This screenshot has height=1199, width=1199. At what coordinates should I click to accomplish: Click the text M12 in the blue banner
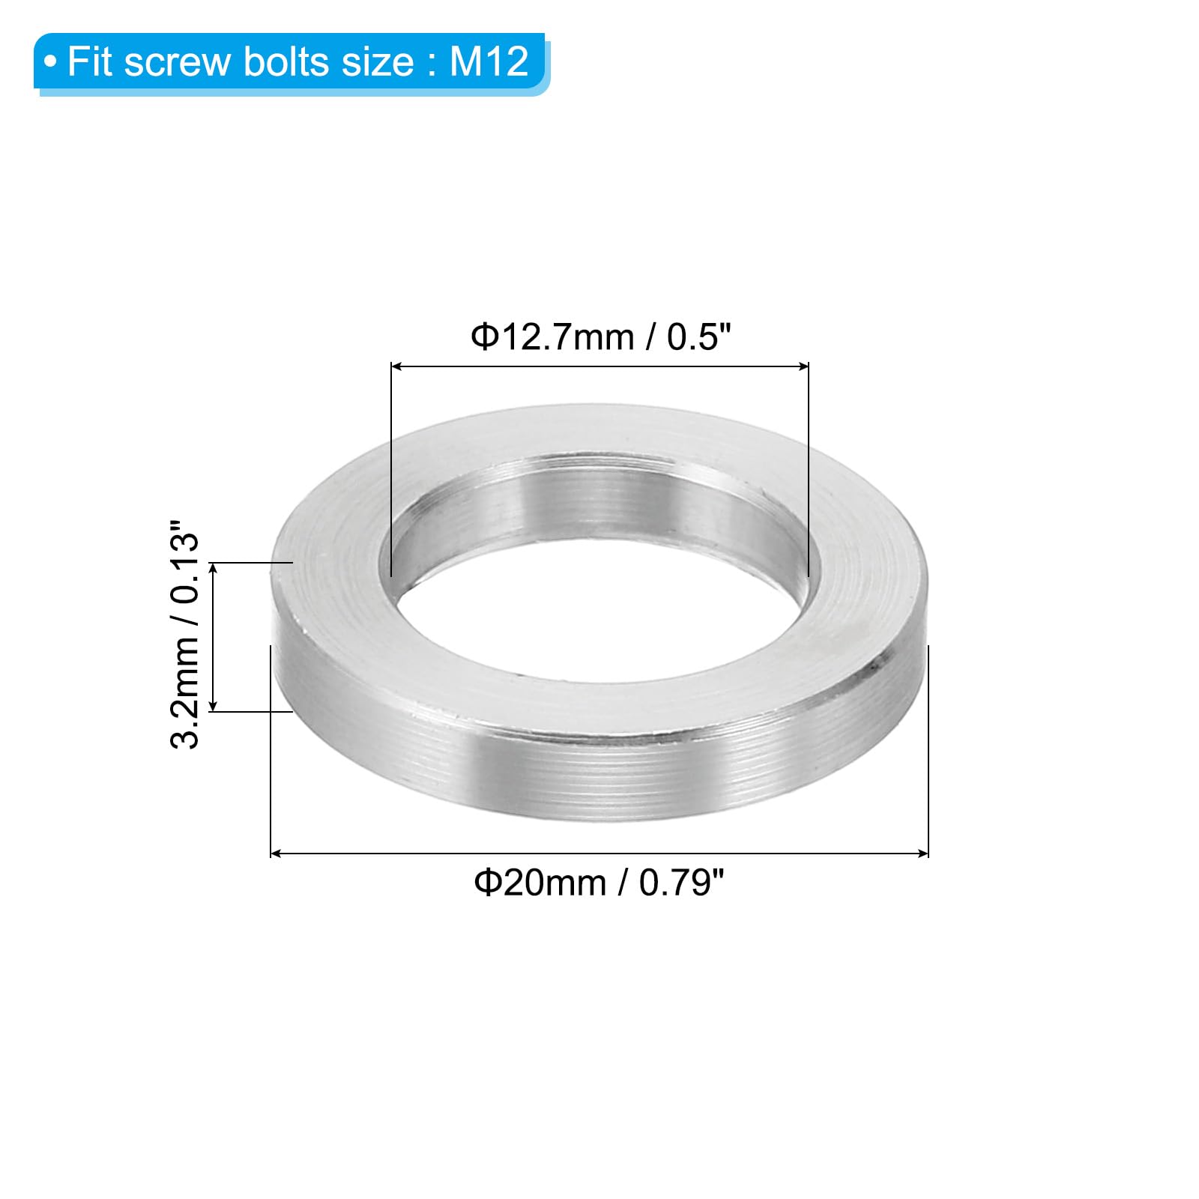[x=489, y=61]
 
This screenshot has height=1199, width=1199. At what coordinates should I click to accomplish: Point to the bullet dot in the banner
[x=50, y=62]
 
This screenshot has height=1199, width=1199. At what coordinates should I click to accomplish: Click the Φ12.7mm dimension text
[x=552, y=337]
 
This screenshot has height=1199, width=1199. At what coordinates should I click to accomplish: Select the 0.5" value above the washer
[x=698, y=337]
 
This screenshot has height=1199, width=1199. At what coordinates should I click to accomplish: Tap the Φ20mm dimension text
[x=540, y=883]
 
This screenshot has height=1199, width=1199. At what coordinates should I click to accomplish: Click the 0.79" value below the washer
[x=682, y=883]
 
